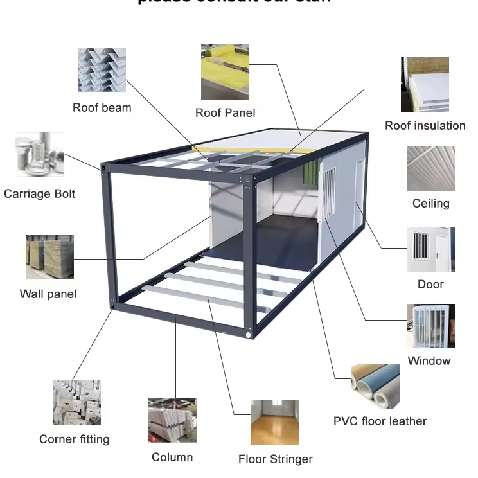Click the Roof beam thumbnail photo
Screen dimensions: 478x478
(102, 69)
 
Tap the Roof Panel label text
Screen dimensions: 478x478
(225, 113)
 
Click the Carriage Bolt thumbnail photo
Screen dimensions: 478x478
(40, 155)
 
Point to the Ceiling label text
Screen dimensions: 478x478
(430, 204)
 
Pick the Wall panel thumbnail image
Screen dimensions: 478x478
(49, 257)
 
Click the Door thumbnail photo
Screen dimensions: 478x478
(430, 249)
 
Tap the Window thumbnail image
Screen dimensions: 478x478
(430, 326)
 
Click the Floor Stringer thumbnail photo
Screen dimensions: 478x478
(274, 422)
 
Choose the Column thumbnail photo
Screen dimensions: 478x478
(172, 420)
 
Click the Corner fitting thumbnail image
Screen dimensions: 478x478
(76, 402)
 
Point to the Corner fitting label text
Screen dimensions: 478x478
(74, 439)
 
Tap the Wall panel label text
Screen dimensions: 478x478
(48, 294)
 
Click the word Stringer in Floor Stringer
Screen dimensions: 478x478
(292, 459)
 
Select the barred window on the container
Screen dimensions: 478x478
(328, 193)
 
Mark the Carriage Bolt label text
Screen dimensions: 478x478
(40, 193)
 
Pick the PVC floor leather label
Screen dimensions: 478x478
(380, 421)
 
